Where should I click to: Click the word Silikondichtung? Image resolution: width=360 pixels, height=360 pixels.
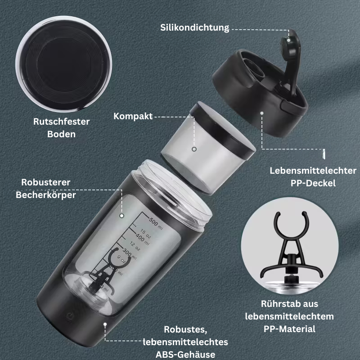pyautogui.click(x=195, y=28)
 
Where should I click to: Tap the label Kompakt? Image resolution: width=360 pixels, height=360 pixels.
pyautogui.click(x=133, y=117)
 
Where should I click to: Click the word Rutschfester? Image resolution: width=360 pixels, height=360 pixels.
pyautogui.click(x=62, y=121)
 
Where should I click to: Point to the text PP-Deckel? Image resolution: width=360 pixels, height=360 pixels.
pyautogui.click(x=313, y=184)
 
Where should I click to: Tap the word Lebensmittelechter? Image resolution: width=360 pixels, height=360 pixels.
pyautogui.click(x=313, y=171)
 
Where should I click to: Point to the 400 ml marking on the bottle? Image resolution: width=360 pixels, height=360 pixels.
pyautogui.click(x=143, y=237)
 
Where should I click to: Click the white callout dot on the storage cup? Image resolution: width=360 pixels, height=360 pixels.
pyautogui.click(x=194, y=148)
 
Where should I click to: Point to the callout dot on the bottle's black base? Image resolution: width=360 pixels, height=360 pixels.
pyautogui.click(x=105, y=323)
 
